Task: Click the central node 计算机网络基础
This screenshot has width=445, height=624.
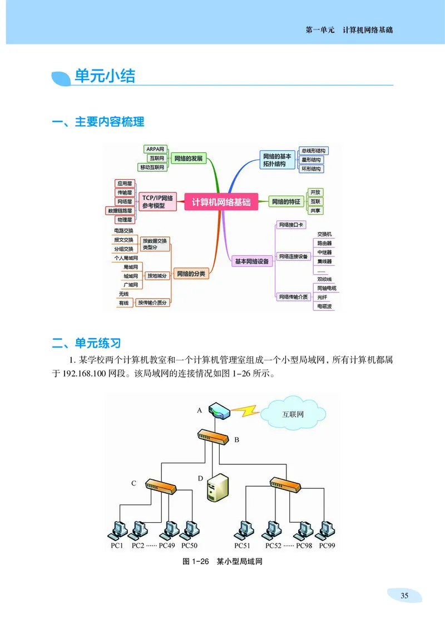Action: pos(221,203)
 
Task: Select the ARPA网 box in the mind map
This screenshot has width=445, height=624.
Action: pos(155,149)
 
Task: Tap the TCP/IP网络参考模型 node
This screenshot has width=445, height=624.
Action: pos(157,202)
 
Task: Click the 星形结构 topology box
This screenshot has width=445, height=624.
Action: pos(311,160)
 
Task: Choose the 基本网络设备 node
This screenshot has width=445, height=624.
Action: pos(251,261)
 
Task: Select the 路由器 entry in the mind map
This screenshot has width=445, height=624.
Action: pos(324,243)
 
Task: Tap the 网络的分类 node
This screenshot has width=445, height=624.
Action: pos(191,274)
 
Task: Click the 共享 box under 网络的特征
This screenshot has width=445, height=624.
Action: pos(315,211)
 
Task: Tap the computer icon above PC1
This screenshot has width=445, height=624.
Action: pos(117,530)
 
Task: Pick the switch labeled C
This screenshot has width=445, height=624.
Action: pos(161,486)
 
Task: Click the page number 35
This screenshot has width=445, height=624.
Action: pos(404,596)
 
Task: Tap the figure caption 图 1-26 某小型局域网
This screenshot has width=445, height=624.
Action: pos(222,562)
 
